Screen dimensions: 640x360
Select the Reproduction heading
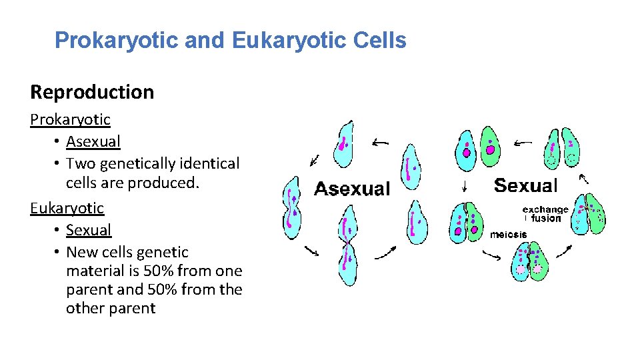tap(92, 92)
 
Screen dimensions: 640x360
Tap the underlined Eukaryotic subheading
tap(67, 207)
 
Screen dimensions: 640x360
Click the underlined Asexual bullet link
tap(93, 141)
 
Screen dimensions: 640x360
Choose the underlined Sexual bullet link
tap(89, 230)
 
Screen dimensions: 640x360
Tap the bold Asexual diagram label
tap(352, 189)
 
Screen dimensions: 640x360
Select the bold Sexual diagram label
tap(525, 185)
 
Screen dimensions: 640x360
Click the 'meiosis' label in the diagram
tap(508, 235)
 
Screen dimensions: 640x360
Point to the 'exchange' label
tap(545, 209)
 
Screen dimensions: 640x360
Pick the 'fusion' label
tap(547, 218)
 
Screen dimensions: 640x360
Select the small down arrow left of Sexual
tap(465, 185)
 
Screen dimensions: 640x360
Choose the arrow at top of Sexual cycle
tap(521, 141)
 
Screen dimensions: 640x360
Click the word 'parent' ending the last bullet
tap(133, 308)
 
